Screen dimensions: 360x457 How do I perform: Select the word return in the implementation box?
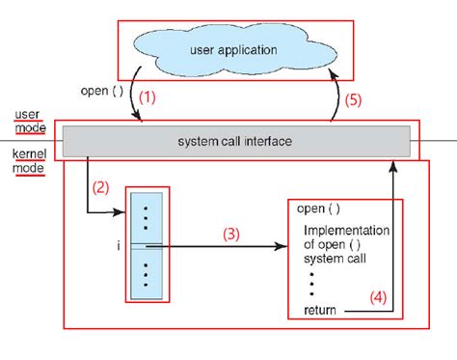[321, 309]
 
